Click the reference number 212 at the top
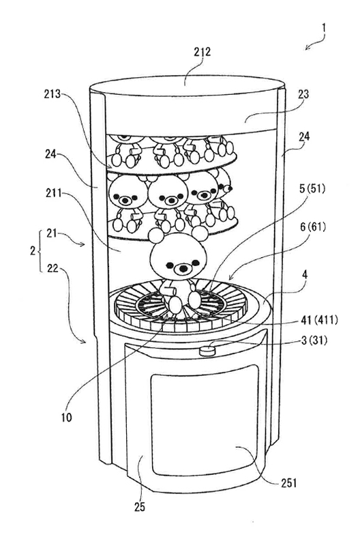tap(202, 52)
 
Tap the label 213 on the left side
tap(52, 94)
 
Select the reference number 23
tap(303, 94)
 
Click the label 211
tap(54, 194)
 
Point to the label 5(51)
tap(312, 189)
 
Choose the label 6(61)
tap(312, 227)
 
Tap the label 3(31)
tap(314, 340)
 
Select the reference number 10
tap(67, 418)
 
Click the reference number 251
tap(288, 483)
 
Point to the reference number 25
tap(140, 506)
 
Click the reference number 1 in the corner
tap(324, 28)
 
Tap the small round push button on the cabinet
tap(207, 351)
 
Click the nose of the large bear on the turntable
tap(183, 268)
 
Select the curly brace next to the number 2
tap(41, 250)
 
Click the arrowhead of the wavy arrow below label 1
tap(307, 48)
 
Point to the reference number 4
tap(305, 274)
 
